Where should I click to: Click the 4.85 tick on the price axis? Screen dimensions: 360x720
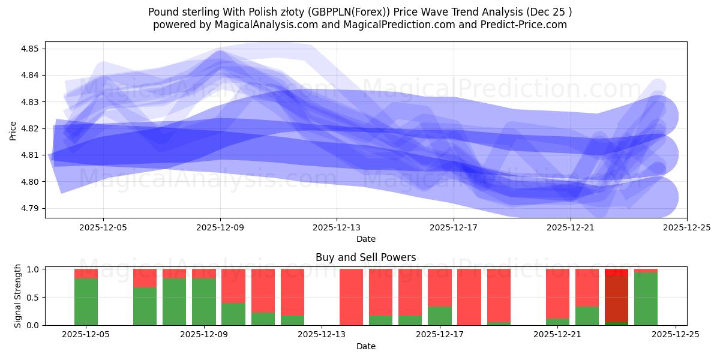tap(29, 49)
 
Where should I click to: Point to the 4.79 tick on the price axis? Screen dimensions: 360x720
tap(29, 208)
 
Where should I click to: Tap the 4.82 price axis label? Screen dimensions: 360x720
tap(29, 128)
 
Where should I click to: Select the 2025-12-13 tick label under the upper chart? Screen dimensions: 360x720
tap(337, 227)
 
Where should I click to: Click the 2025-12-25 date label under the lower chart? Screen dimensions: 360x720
tap(676, 335)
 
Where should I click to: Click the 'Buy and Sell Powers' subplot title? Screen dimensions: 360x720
tap(365, 257)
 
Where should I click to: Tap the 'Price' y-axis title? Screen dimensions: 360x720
tap(13, 130)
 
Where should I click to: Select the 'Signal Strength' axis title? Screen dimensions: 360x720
tap(18, 296)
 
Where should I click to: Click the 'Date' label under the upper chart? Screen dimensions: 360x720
tap(365, 239)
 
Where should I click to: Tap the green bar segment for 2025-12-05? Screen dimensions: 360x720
tap(86, 302)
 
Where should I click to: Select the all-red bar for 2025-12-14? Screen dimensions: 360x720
tap(351, 297)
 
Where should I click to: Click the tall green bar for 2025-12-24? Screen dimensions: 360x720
tap(646, 299)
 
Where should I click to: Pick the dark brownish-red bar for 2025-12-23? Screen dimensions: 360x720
tap(616, 299)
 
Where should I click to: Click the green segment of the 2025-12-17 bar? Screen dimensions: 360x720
tap(439, 316)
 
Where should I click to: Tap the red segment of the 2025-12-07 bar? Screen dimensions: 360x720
tap(145, 278)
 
